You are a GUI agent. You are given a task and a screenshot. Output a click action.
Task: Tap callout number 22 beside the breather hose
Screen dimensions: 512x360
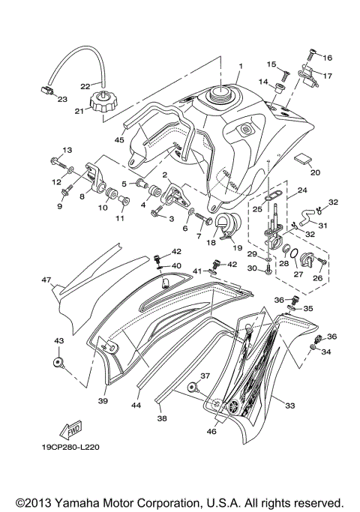[x=85, y=85]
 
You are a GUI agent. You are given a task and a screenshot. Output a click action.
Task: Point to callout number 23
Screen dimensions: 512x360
[x=62, y=99]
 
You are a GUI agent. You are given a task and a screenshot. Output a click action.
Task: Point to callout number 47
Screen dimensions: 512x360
[x=46, y=280]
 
